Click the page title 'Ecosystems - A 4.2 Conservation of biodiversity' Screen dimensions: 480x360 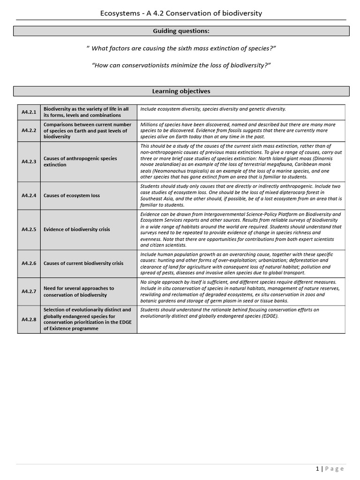[x=181, y=13]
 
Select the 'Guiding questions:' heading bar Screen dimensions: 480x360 [x=181, y=31]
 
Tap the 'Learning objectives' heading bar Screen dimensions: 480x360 [x=181, y=91]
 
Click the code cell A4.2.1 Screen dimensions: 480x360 [x=29, y=112]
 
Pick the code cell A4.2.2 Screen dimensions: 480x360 [x=29, y=131]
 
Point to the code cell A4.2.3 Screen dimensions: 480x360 [x=29, y=162]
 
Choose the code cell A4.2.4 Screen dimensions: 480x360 [x=29, y=195]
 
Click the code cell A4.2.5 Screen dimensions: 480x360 [x=29, y=230]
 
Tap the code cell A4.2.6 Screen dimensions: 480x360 [x=29, y=263]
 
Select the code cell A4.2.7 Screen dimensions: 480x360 [x=29, y=292]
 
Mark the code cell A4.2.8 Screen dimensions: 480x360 [x=29, y=319]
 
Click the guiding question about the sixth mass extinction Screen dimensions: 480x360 [x=181, y=48]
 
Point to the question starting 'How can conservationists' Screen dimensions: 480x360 [x=181, y=65]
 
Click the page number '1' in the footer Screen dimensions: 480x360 [x=317, y=469]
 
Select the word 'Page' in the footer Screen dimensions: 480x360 [x=335, y=469]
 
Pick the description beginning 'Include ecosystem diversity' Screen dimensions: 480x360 [x=213, y=109]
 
